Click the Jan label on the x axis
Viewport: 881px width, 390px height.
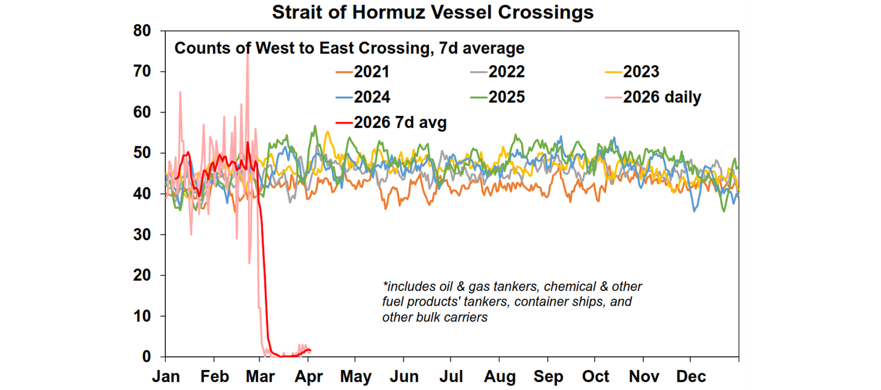[x=166, y=377]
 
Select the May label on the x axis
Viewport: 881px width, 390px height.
[x=355, y=377]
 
